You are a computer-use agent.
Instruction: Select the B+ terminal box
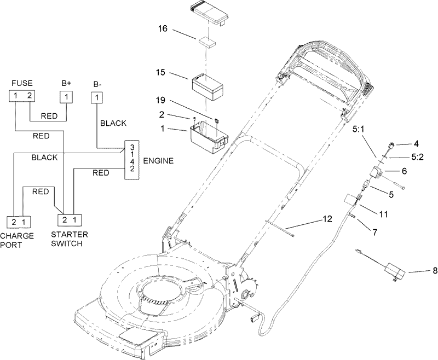[x=66, y=97]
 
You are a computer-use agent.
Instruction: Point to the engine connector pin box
[x=132, y=159]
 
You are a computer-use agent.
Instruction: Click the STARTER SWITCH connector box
[x=70, y=220]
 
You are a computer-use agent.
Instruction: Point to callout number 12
[x=327, y=219]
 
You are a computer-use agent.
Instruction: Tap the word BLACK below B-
[x=113, y=124]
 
